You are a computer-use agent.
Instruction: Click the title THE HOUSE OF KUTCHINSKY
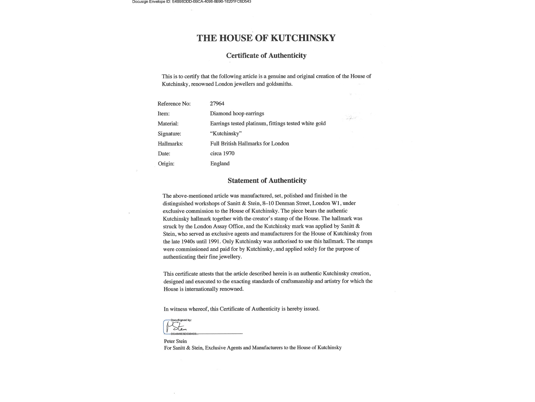tap(266, 38)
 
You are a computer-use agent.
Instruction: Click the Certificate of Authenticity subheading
tap(266, 56)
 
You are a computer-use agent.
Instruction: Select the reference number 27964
tap(217, 104)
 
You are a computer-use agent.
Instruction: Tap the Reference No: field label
tap(174, 104)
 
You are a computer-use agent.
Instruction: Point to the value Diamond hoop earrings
tap(237, 114)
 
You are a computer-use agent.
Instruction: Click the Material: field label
tap(168, 124)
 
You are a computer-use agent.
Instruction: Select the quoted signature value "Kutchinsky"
tap(226, 133)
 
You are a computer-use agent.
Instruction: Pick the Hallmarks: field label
tap(170, 144)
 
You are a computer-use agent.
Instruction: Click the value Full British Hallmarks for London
tap(249, 143)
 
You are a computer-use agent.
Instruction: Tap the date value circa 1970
tap(222, 154)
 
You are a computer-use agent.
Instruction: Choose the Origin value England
tap(220, 164)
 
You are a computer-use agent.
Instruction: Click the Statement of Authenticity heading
tap(267, 181)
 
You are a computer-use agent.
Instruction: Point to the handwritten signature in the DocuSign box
tap(176, 327)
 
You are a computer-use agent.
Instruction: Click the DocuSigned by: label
tap(181, 320)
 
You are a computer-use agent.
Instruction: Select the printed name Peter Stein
tap(175, 341)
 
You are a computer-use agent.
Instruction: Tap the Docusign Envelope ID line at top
tap(191, 2)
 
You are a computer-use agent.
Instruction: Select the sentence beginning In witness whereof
tap(241, 309)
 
